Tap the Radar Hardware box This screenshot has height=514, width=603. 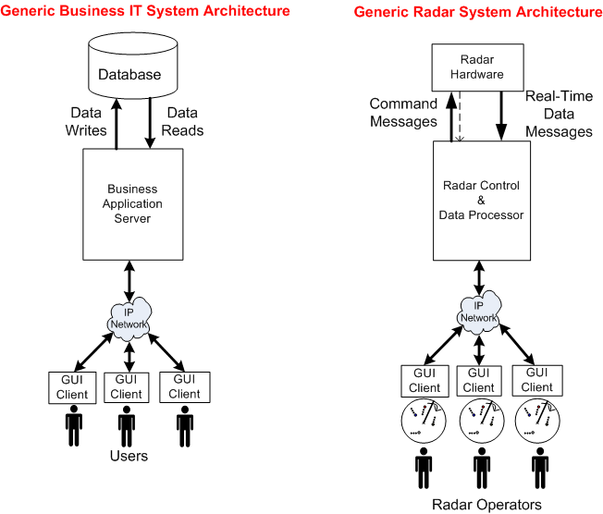(477, 67)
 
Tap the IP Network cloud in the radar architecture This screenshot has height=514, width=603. (478, 312)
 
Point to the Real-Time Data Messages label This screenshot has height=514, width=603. (558, 113)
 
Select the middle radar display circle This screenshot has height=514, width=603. (480, 422)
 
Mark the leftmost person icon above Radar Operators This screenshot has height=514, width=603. (423, 467)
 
